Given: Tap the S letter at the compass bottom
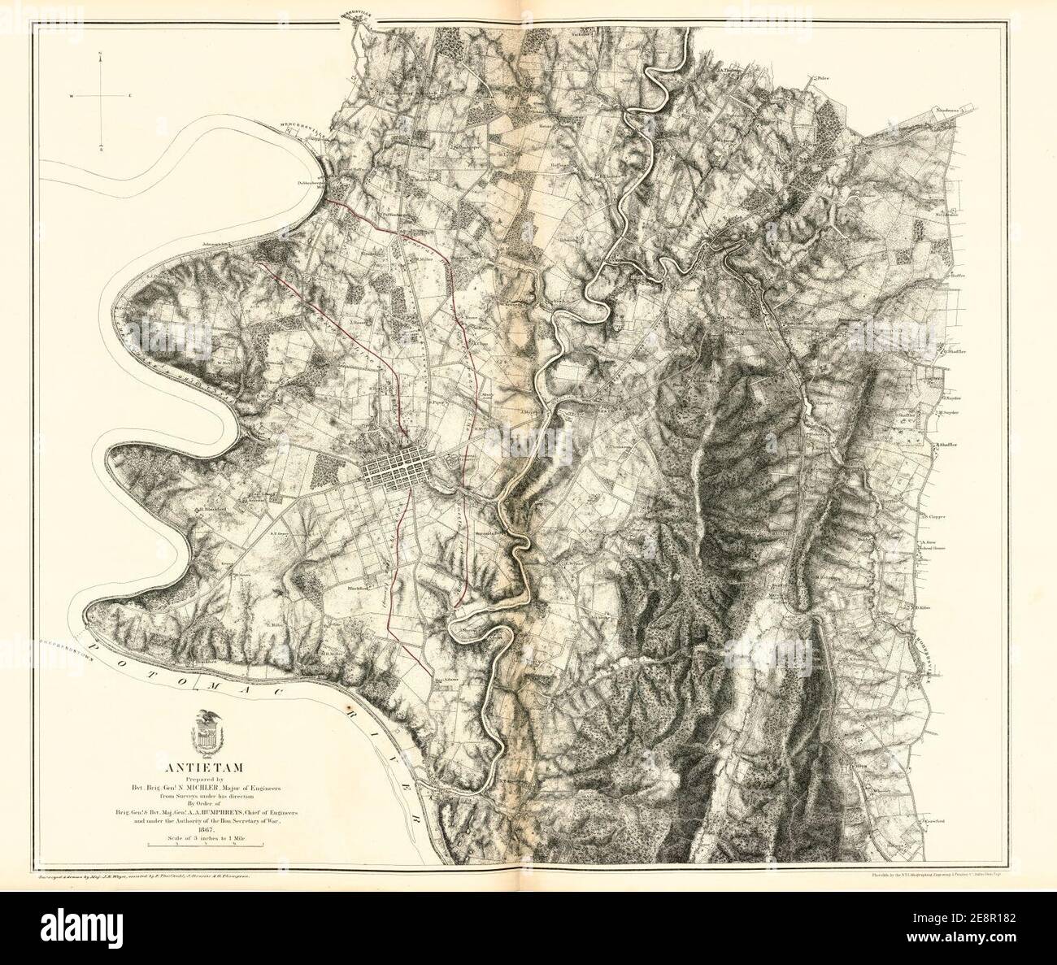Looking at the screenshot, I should tap(100, 150).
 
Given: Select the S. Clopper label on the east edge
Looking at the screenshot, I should tap(933, 516).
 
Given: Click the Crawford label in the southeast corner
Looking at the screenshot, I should tap(937, 822).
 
